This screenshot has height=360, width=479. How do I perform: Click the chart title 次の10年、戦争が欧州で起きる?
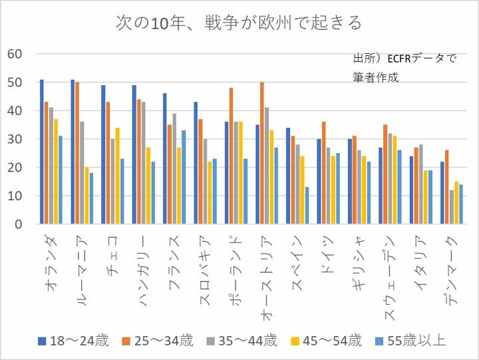(239, 23)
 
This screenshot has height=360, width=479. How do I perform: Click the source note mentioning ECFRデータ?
(404, 67)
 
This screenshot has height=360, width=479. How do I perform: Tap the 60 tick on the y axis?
(15, 54)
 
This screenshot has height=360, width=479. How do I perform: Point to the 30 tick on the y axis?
(15, 139)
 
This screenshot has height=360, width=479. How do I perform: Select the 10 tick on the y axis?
(15, 196)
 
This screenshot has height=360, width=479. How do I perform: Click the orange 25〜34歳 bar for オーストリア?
(262, 153)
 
